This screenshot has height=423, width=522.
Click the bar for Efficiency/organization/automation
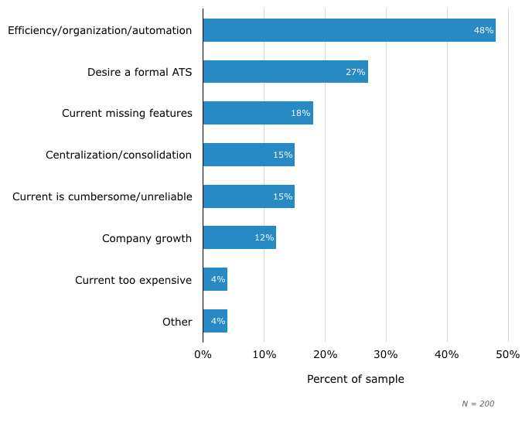pos(349,30)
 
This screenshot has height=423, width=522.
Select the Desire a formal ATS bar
pos(285,72)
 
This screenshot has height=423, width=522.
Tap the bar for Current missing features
pos(258,113)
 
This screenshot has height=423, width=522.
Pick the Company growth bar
pos(239,237)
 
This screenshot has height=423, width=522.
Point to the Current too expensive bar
pos(215,279)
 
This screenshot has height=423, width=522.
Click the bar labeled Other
pos(215,321)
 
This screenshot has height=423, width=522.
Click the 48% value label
pos(483,30)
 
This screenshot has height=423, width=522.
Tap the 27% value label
pos(355,72)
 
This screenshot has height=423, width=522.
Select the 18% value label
pos(300,113)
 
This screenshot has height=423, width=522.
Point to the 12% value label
pos(264,237)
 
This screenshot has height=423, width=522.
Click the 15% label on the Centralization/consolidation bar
pos(282,155)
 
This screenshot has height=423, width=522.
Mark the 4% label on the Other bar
pos(217,321)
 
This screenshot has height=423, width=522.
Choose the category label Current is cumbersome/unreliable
pos(102,196)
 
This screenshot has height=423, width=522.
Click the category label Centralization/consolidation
pos(118,155)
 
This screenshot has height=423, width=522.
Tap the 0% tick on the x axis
pos(203,354)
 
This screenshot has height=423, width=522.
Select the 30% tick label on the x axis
pos(386,354)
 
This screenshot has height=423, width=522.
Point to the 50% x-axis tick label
pos(508,354)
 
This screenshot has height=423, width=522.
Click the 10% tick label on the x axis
pos(264,354)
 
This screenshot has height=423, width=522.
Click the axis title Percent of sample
pos(355,379)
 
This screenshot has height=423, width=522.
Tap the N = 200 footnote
pos(478,404)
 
